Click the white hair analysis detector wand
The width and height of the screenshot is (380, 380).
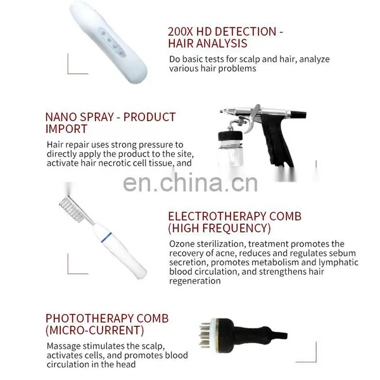pos(108,42)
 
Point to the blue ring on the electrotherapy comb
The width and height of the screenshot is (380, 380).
pos(106,237)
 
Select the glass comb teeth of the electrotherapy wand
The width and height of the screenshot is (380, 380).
pos(72,210)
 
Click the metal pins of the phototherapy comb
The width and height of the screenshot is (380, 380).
pos(205,335)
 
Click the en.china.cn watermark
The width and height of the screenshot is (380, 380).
pos(190,183)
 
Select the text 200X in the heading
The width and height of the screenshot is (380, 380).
pos(180,32)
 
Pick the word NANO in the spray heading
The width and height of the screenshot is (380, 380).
pos(61,117)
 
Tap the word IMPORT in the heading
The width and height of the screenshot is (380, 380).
pos(66,129)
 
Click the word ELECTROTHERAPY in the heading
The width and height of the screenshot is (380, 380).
pos(217,216)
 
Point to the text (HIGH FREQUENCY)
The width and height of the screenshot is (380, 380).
pos(219,228)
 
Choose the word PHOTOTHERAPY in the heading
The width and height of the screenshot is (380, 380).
pos(89,319)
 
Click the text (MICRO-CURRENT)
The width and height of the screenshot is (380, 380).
pos(95,331)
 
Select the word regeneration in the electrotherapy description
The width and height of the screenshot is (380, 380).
pos(195,281)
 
